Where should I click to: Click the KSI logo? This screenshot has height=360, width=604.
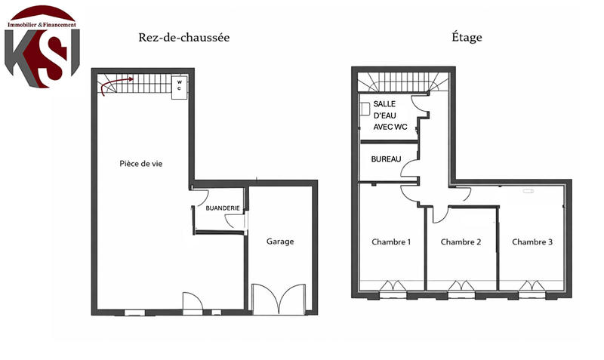coord(42,45)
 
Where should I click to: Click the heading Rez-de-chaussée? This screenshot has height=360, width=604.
coord(183,37)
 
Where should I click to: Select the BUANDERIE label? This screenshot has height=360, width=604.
coord(222,208)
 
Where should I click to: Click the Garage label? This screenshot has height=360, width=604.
coord(279,242)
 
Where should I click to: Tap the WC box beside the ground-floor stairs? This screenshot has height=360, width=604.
coord(180,85)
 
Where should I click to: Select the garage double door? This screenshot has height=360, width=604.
coord(279,300)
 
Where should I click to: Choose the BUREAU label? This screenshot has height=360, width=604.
coord(385,159)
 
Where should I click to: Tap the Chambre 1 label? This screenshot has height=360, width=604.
coord(391,242)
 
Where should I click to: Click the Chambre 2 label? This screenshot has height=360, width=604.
coord(461,242)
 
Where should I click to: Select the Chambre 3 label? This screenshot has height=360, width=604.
coord(532,242)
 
